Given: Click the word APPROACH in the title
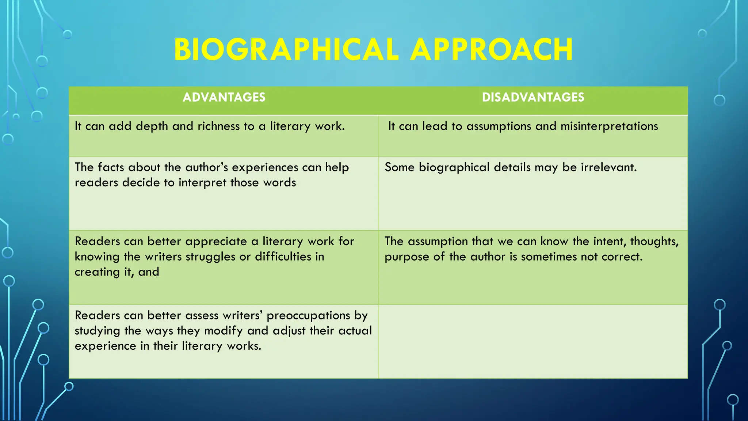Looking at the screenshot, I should tap(492, 50).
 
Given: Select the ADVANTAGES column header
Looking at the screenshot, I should tap(224, 97).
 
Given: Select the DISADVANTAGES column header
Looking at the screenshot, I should tap(533, 97).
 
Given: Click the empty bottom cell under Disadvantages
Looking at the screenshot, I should tap(533, 341).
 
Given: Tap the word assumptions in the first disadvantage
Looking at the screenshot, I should tap(499, 126).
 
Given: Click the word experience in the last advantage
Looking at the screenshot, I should tap(105, 346).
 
